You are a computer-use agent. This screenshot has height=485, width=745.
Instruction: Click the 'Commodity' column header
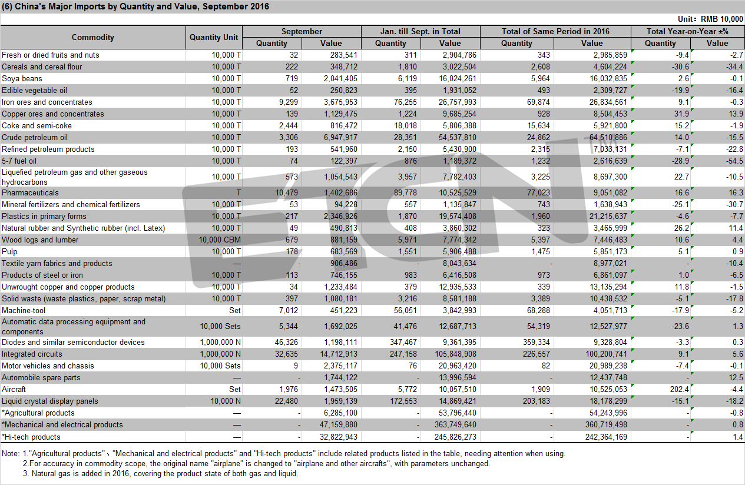93,37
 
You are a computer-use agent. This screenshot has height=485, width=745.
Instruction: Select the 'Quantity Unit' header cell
214,37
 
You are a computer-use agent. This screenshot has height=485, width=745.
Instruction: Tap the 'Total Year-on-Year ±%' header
687,31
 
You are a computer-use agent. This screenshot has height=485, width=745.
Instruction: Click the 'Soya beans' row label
22,78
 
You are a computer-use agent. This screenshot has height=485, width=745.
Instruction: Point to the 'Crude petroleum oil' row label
35,137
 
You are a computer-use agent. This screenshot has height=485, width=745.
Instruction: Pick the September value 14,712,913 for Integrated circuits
339,354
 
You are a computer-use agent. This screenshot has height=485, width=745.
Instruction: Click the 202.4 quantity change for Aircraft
679,389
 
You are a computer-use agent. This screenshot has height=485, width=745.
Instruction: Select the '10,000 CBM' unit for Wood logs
220,240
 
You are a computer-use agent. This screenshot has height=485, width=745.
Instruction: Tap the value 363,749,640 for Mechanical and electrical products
455,424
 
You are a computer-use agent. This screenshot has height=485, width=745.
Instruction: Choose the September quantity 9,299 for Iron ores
289,102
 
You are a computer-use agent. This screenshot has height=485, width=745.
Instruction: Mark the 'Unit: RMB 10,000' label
710,19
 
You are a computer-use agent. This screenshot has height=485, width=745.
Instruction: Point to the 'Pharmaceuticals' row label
30,192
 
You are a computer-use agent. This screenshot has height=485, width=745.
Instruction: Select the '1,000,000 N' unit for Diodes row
220,342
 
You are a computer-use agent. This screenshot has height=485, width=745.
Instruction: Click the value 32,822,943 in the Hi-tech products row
339,437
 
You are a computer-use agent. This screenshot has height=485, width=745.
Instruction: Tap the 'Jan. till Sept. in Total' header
420,31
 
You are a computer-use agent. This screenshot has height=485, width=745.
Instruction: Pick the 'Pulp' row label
9,252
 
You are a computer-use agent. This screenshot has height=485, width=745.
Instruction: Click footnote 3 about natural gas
160,473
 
